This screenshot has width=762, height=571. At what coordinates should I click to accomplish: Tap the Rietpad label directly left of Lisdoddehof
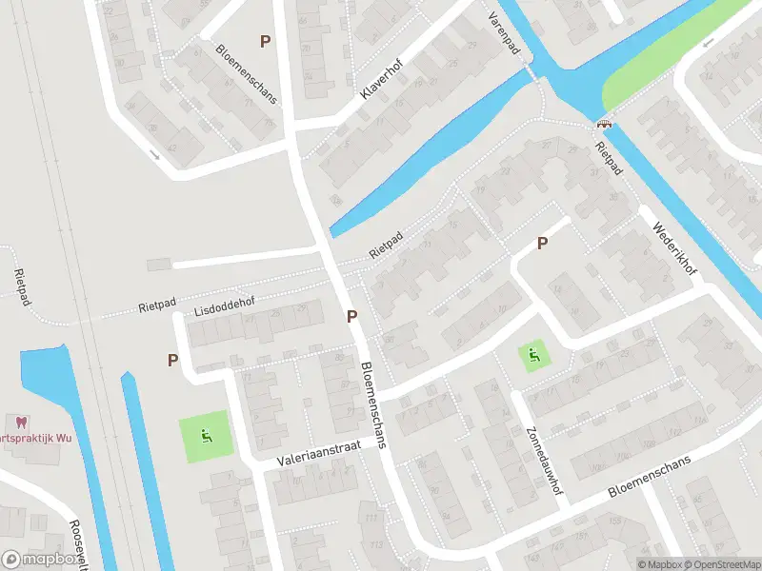tap(158, 305)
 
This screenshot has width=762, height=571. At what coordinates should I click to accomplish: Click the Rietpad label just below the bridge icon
tap(607, 159)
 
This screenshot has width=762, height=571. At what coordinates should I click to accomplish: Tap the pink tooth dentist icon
tap(18, 422)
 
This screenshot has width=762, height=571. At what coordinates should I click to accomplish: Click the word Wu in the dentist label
tap(63, 438)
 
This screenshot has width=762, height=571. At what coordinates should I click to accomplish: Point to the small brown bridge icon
tap(604, 122)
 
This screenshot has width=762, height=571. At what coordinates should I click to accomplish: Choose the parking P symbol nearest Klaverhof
tap(265, 41)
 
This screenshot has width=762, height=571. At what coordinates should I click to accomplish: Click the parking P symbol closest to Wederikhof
tap(542, 243)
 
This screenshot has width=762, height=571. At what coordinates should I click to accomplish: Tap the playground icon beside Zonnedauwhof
tap(534, 356)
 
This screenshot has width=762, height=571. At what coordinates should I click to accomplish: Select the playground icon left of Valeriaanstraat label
tap(205, 437)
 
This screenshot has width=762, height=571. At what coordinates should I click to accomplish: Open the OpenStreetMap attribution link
tap(721, 564)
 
